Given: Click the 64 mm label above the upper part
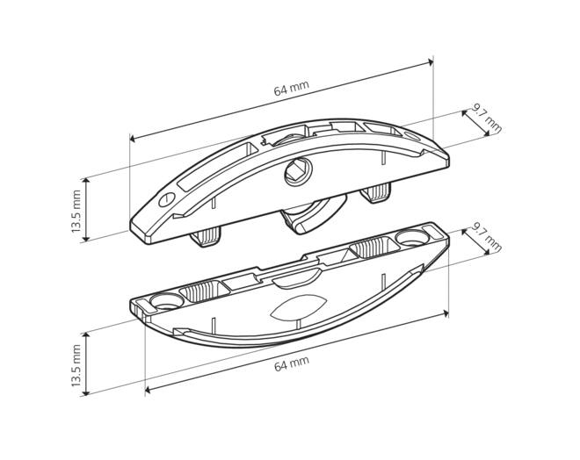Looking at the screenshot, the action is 291,89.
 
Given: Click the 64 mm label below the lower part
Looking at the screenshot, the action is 292,363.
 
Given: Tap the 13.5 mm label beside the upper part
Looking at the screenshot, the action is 76,211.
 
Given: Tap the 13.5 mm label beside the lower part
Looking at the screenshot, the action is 76,365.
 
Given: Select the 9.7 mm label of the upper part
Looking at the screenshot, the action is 486,119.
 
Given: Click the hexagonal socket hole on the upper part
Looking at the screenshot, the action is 298,171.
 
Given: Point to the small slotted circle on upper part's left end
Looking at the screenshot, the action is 167,199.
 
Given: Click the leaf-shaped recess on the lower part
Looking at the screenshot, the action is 298,306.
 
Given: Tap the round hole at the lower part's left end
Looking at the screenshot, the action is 167,301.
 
